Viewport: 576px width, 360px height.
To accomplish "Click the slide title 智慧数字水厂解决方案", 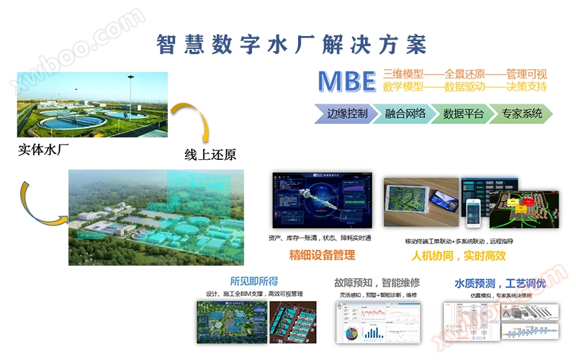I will tap(292, 44).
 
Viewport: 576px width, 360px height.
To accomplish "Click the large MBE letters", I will tap(347, 81).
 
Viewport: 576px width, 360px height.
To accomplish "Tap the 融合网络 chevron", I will tap(405, 113).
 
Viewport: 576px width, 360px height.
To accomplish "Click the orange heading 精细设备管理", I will tap(322, 256).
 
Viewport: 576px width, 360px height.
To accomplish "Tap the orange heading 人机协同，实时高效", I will tap(459, 256).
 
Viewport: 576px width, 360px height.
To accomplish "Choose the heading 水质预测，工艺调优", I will tap(500, 282).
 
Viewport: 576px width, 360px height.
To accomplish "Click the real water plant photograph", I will tap(92, 104).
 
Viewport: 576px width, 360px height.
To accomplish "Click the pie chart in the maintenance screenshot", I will tap(351, 334).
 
